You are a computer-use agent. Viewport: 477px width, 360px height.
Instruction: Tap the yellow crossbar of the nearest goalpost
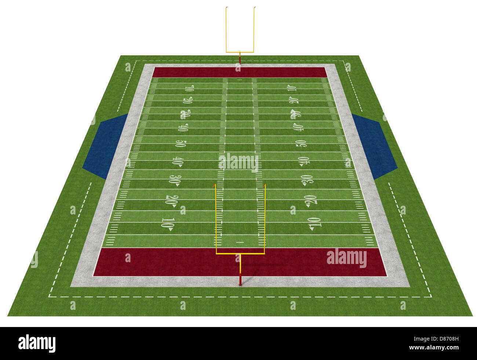tap(240, 253)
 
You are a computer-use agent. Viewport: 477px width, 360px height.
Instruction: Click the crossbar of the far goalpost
tap(240, 52)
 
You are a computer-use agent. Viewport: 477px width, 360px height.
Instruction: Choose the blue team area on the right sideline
tap(374, 146)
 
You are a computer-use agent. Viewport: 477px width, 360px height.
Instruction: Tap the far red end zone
tap(239, 72)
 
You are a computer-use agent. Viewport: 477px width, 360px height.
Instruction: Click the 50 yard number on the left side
tap(180, 143)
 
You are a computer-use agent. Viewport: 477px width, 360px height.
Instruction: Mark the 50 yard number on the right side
tap(301, 143)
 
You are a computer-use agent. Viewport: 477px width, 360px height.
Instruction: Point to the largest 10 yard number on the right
tap(315, 223)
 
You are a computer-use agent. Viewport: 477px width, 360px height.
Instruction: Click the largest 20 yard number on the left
tap(171, 200)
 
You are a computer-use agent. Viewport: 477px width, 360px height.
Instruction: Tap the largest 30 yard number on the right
tap(307, 179)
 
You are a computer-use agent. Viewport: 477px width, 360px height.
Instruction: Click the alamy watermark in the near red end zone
tap(346, 258)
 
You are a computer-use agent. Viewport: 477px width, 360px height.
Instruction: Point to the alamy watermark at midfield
tap(239, 162)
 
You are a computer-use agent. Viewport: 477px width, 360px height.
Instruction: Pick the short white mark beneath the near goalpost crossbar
tap(240, 242)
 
